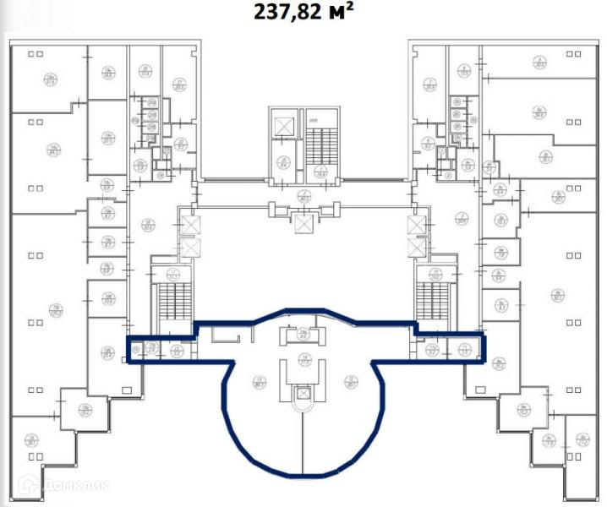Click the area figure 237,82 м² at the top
303,13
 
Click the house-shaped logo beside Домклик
28,485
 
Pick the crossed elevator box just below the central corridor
303,223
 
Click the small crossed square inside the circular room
303,394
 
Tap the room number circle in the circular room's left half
257,381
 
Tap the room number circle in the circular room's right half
348,381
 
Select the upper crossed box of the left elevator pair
191,226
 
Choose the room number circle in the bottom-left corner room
31,439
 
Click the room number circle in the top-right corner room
539,61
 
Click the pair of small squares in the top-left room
36,53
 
